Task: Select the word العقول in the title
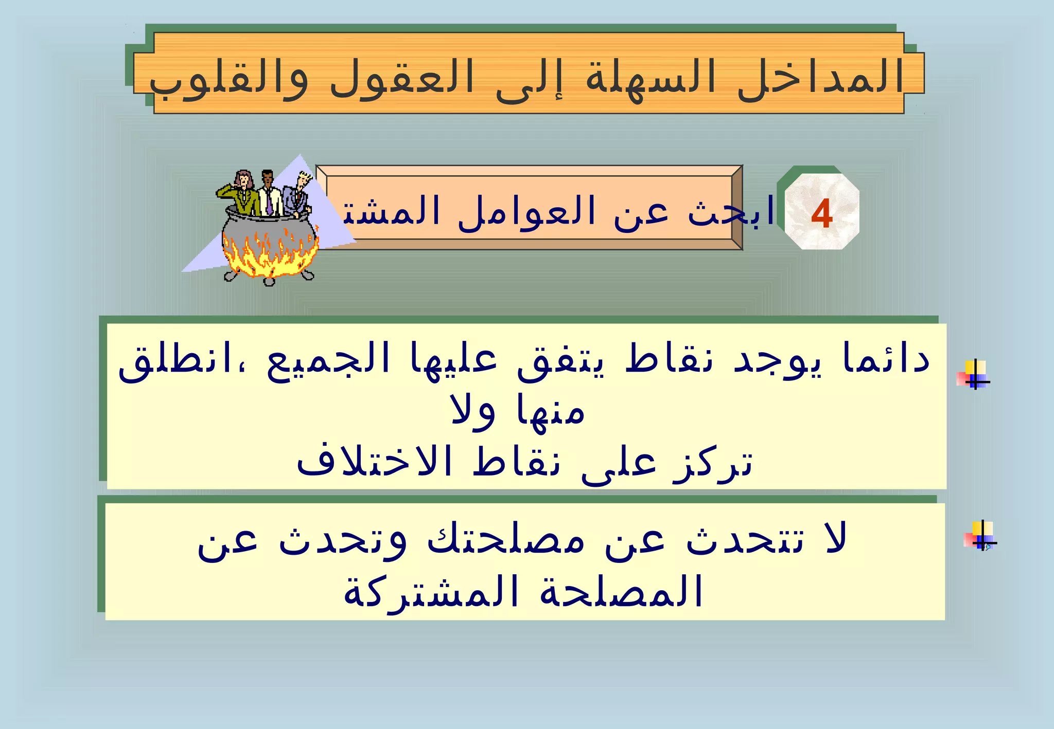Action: pyautogui.click(x=401, y=77)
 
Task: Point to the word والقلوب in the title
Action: pyautogui.click(x=229, y=80)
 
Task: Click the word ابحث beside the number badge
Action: pyautogui.click(x=731, y=211)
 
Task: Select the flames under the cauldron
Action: pyautogui.click(x=268, y=254)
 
